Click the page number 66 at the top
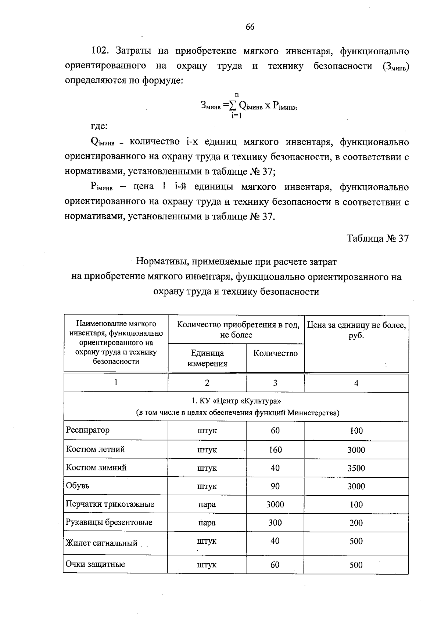tap(250, 27)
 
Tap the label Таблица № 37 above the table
tap(378, 238)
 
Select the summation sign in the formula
tap(232, 106)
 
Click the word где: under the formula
tap(99, 126)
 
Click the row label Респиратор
tap(87, 430)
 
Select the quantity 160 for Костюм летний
tap(275, 449)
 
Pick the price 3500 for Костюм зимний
tap(356, 468)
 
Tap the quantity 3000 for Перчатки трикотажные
tap(275, 504)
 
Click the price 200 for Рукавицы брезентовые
tap(356, 523)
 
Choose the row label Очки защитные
tap(95, 564)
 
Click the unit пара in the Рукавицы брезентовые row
tap(207, 523)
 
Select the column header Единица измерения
tap(207, 358)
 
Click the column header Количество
tap(276, 353)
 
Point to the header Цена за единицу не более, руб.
tap(356, 330)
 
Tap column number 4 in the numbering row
tap(356, 383)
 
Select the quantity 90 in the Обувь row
tap(275, 486)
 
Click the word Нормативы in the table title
tap(159, 262)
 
